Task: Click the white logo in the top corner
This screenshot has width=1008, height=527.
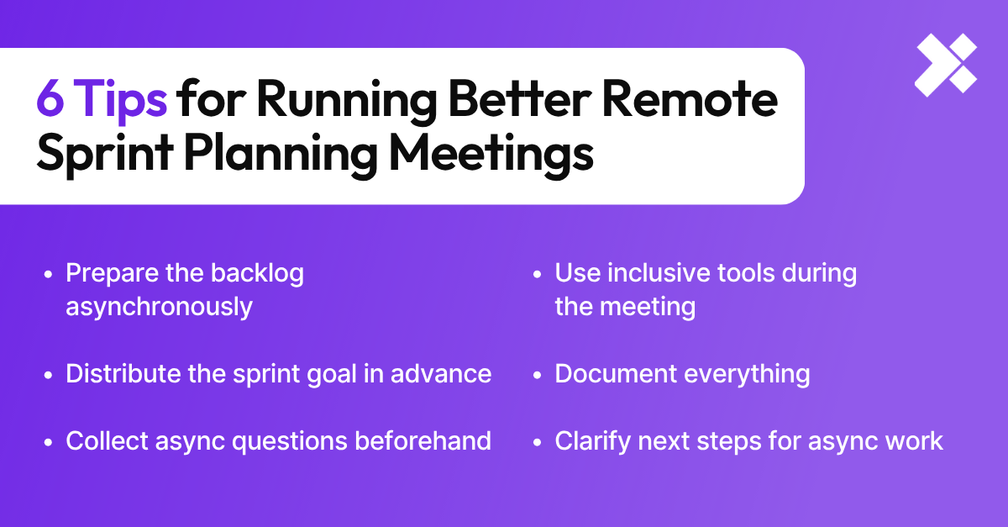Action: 946,64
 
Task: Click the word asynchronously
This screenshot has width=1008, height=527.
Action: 159,307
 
